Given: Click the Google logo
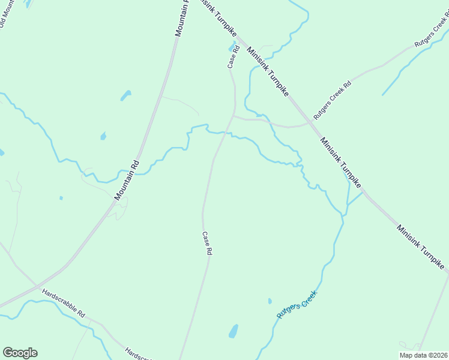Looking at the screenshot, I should pyautogui.click(x=20, y=353).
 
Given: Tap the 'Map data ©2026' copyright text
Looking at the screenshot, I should pyautogui.click(x=424, y=355).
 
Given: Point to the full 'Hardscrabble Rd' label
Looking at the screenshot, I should pyautogui.click(x=64, y=303).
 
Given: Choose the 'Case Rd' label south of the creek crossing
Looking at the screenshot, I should pyautogui.click(x=206, y=244).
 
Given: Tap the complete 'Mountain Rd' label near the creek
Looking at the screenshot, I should pyautogui.click(x=127, y=179).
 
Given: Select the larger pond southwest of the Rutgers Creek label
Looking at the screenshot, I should pyautogui.click(x=234, y=331).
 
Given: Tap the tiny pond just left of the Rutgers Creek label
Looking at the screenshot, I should pyautogui.click(x=270, y=301).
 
